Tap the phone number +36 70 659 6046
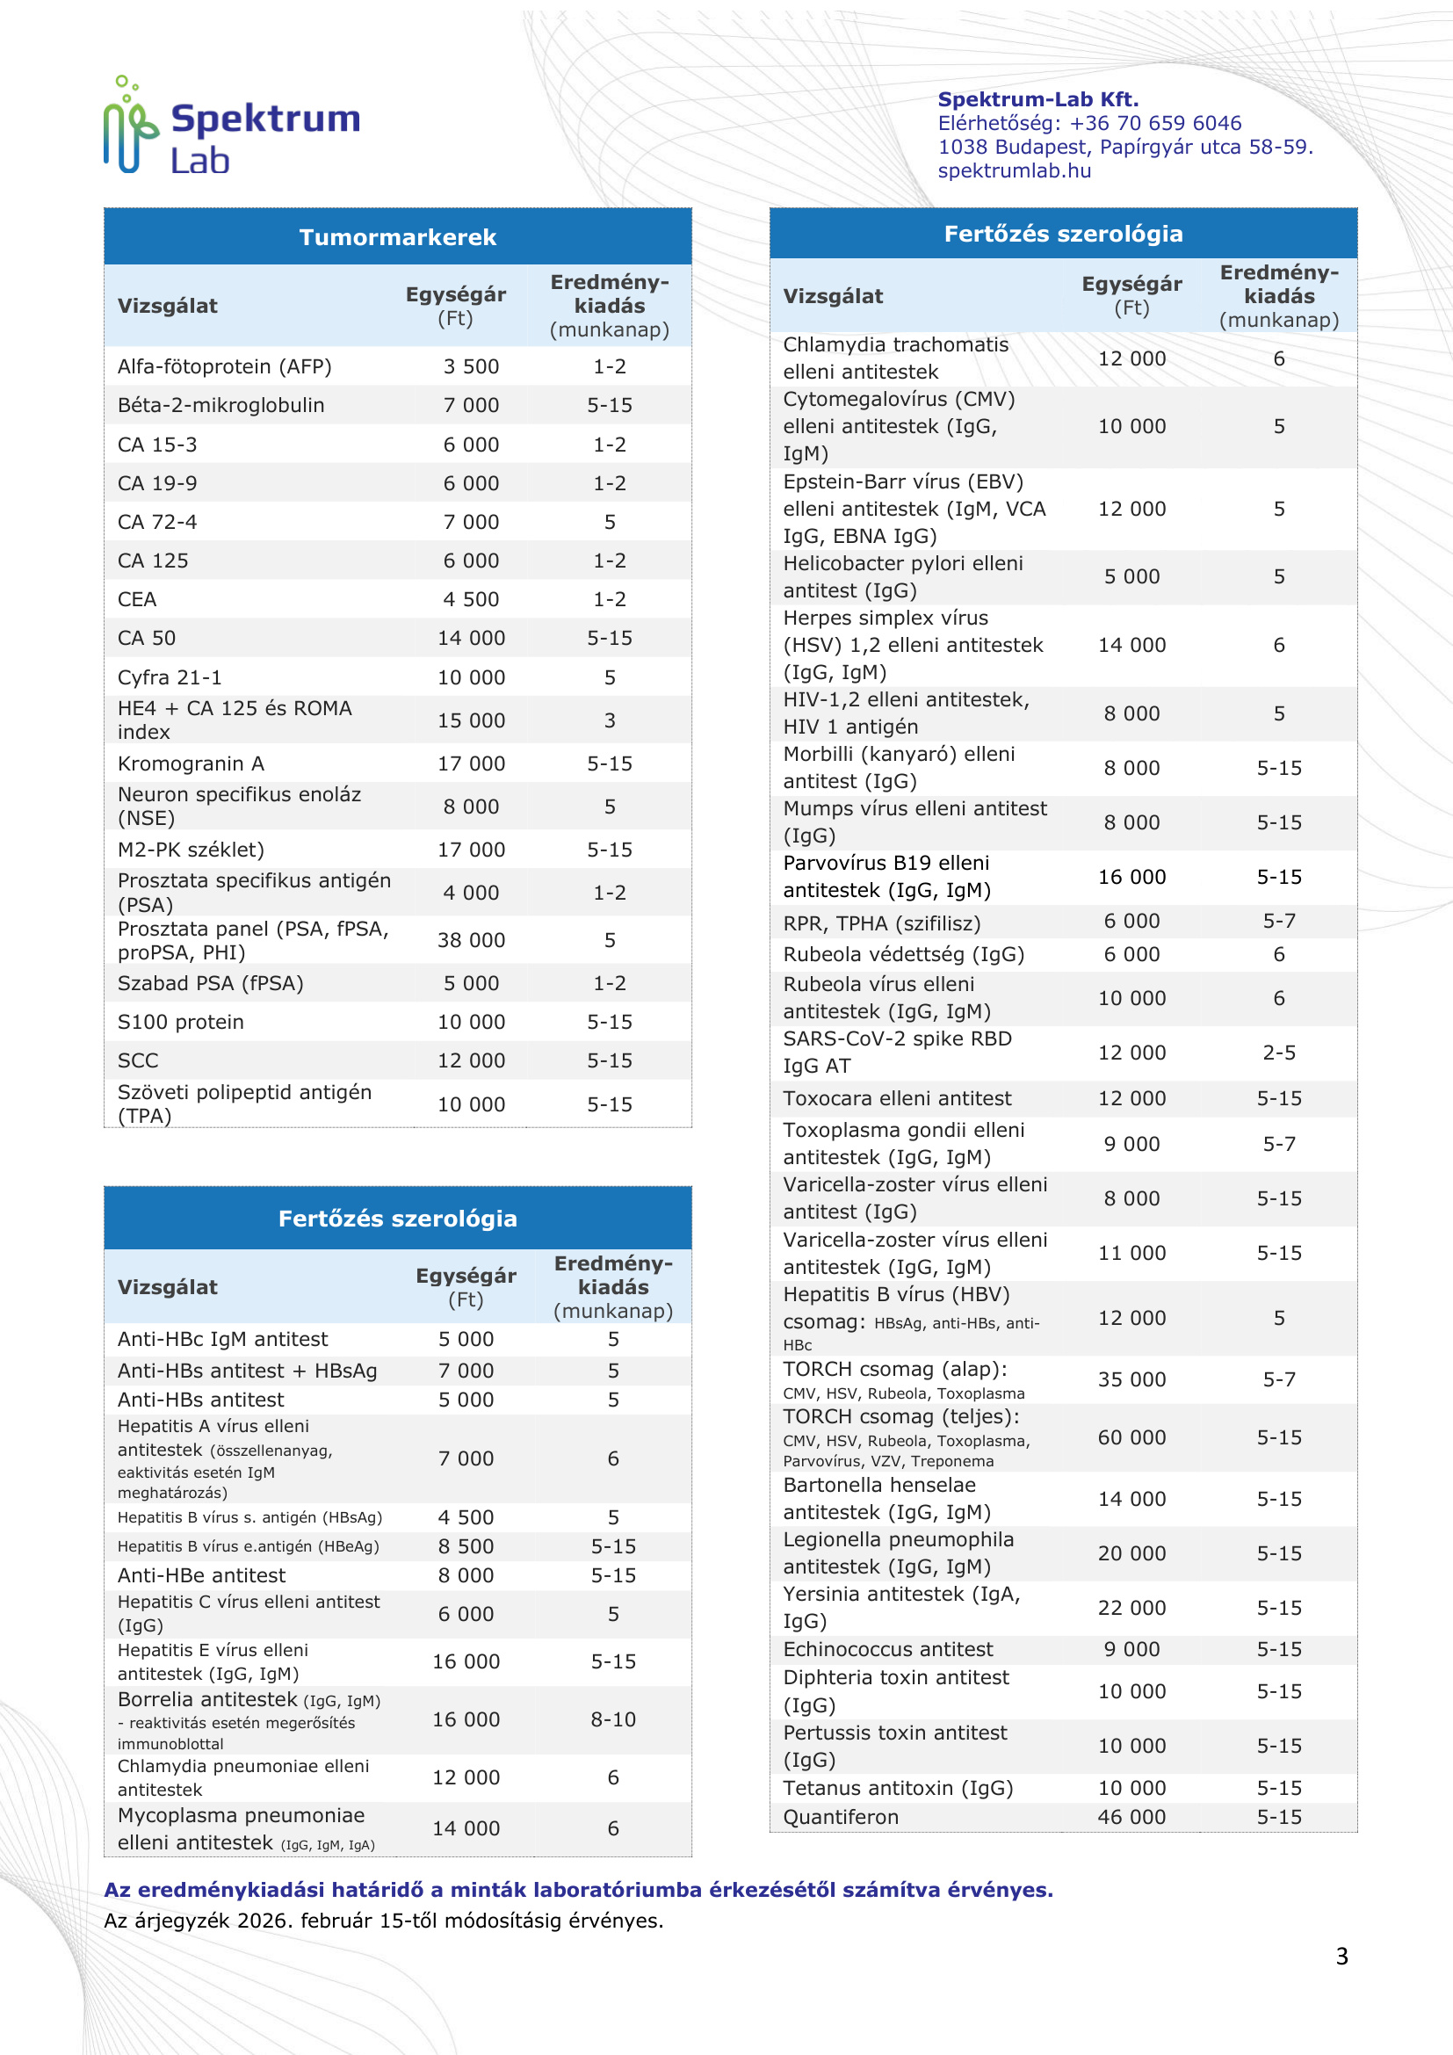coord(1154,124)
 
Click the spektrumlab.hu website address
coord(1014,171)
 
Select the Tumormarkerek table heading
coord(397,237)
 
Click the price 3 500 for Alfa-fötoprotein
coord(471,367)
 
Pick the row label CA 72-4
coord(157,522)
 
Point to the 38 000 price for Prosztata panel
coord(471,941)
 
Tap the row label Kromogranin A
coord(191,763)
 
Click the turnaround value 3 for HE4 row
coord(610,720)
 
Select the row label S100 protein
coord(181,1022)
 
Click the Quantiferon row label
coord(840,1817)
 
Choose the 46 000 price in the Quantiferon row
coord(1131,1817)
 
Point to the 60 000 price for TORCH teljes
coord(1131,1437)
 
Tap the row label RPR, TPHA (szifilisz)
coord(881,923)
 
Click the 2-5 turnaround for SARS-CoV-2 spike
coord(1278,1053)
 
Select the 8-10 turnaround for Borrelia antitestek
coord(613,1719)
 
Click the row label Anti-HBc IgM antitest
coord(223,1339)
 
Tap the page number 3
coord(1341,1957)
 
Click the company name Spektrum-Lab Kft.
coord(1037,99)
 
